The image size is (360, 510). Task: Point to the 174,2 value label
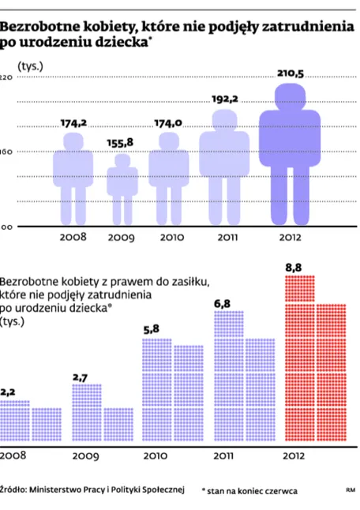(73, 123)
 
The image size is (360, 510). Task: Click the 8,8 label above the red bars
(294, 268)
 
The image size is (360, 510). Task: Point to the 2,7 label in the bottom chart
(80, 377)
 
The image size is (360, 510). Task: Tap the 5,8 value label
(152, 328)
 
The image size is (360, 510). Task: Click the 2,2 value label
(8, 392)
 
